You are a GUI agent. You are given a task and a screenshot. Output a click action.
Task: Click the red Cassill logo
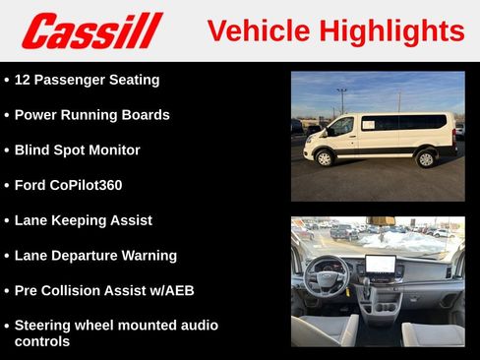click(91, 30)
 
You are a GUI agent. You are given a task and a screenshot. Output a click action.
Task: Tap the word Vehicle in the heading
click(255, 30)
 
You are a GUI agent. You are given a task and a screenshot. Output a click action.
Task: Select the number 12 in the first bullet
click(24, 80)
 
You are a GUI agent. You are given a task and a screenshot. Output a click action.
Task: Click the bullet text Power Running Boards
click(91, 115)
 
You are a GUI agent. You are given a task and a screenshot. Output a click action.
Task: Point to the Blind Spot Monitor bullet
click(77, 150)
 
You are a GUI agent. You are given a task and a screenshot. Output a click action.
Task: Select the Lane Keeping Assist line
click(83, 220)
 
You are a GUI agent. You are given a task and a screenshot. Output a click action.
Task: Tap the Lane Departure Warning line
click(95, 256)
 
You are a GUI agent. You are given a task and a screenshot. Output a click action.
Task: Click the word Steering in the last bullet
click(46, 326)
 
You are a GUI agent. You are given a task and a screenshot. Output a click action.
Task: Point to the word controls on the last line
click(42, 341)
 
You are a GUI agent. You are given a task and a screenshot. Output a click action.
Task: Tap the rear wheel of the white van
click(426, 158)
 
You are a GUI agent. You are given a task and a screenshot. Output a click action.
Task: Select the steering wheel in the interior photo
click(328, 276)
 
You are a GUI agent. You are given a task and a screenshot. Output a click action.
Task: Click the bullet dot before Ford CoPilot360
click(7, 185)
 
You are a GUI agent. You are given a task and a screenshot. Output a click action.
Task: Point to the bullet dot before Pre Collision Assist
click(7, 291)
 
